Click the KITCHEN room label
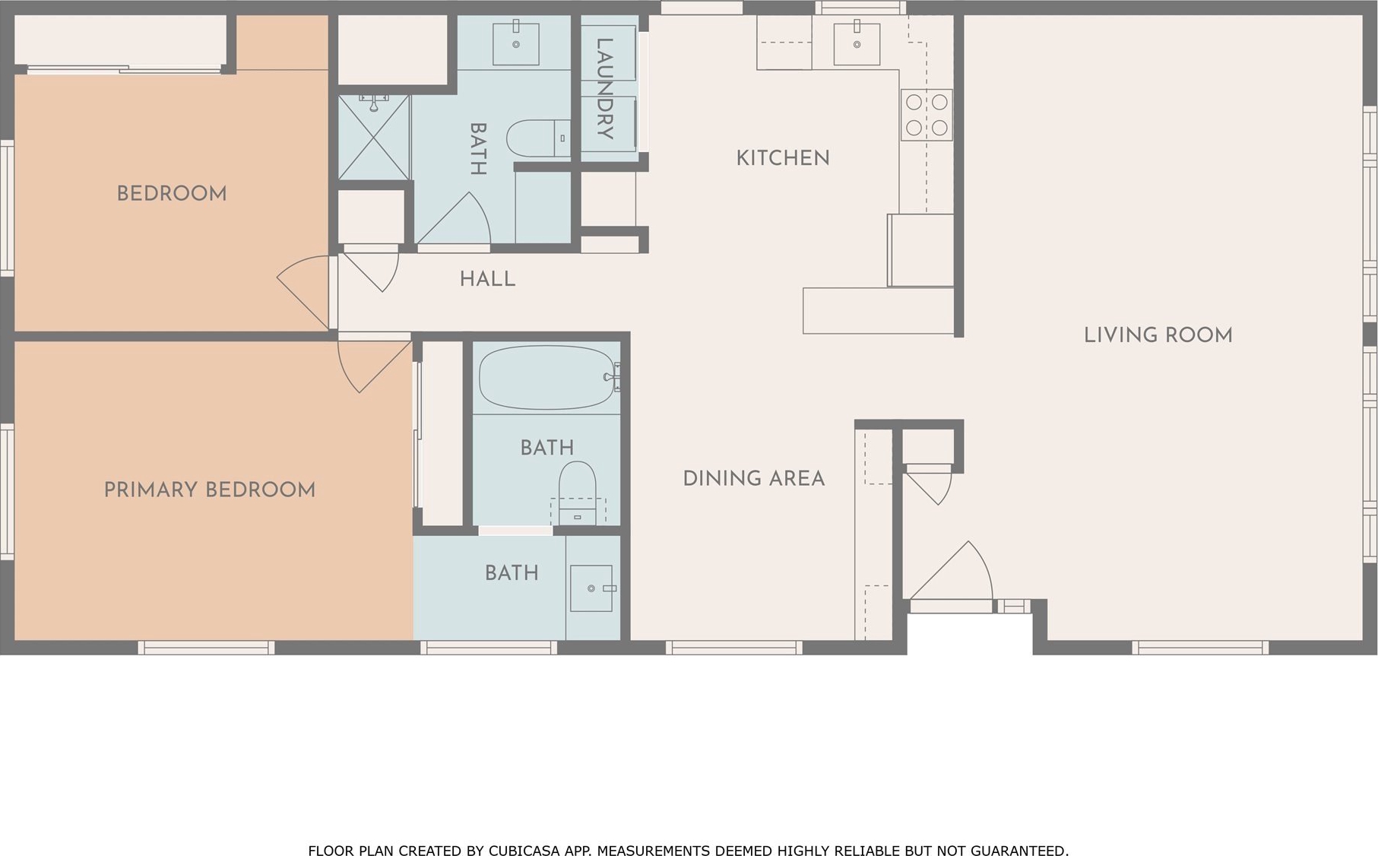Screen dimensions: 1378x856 (783, 158)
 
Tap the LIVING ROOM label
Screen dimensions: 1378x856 (1158, 335)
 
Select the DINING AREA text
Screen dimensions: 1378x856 (754, 478)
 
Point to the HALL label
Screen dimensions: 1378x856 (488, 279)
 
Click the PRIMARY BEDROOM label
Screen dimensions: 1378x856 (210, 490)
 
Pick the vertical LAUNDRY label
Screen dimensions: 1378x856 (604, 89)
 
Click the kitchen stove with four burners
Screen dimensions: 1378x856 (927, 115)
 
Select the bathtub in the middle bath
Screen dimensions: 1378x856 (548, 378)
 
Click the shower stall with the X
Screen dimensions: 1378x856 (374, 138)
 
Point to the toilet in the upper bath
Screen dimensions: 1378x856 (538, 138)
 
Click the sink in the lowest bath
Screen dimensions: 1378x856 (591, 588)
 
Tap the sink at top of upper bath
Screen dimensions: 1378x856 (516, 44)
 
